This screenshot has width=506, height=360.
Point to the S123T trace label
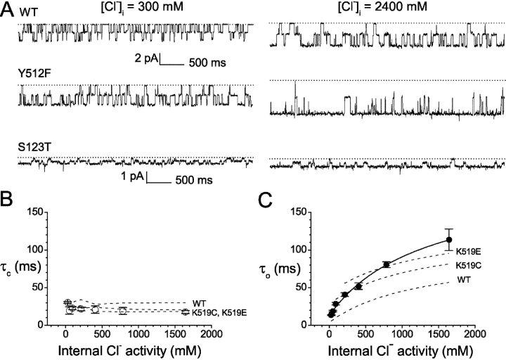point(33,148)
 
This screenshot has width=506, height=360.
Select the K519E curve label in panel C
point(469,251)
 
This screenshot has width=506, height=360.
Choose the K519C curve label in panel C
point(469,266)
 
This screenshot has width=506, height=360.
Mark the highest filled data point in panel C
point(448,240)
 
